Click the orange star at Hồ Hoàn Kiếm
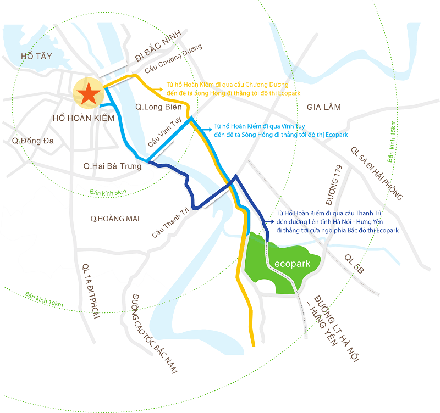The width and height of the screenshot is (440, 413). (88, 94)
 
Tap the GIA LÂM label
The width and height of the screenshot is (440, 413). (324, 107)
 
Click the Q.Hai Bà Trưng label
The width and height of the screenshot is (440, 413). (112, 165)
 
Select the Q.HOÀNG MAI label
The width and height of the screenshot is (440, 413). (115, 219)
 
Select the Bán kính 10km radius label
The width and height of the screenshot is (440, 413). (45, 299)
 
